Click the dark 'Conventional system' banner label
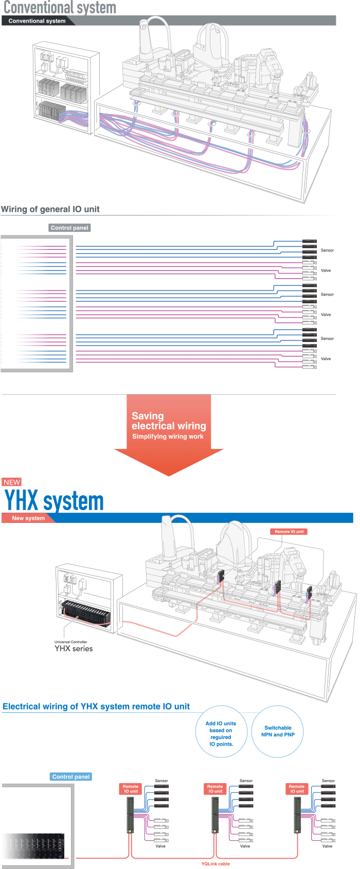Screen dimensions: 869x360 click(37, 21)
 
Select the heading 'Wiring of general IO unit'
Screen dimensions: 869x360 click(50, 209)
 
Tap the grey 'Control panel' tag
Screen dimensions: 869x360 click(69, 228)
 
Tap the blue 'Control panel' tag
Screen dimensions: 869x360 click(71, 776)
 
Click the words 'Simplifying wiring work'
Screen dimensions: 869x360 click(168, 437)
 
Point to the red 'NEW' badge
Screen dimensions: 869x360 click(12, 482)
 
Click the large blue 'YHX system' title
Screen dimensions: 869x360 click(54, 501)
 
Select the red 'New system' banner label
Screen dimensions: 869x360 click(28, 518)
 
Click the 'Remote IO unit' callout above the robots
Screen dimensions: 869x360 click(289, 532)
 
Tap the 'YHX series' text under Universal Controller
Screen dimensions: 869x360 click(74, 649)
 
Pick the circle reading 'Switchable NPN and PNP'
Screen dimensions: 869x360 click(278, 731)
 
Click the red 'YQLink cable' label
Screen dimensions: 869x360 click(215, 864)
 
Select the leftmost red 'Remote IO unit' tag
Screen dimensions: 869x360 click(131, 789)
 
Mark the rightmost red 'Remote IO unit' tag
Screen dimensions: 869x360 click(297, 789)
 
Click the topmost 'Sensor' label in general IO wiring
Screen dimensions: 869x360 click(327, 250)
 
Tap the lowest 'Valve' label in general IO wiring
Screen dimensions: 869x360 click(326, 359)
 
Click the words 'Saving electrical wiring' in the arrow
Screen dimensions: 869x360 click(169, 421)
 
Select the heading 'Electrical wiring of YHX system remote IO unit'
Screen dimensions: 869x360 click(96, 707)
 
